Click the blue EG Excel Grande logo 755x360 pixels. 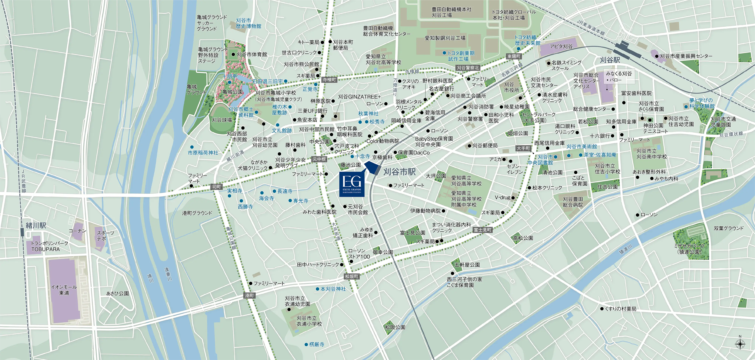coord(352,185)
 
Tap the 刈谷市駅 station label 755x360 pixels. coord(399,172)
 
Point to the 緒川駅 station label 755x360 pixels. coord(36,225)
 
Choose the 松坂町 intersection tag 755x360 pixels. coord(351,276)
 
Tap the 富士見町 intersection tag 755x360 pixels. coord(482,230)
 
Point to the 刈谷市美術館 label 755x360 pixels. coord(582,146)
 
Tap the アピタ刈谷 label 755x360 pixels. coord(561,46)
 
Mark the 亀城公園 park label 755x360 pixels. coord(232,92)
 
